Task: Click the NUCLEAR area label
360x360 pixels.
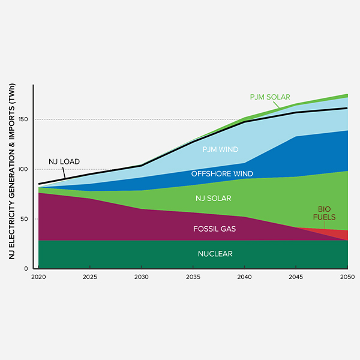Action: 215,254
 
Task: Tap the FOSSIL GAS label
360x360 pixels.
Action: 215,229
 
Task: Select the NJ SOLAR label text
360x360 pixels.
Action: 214,198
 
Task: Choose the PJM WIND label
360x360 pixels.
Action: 220,149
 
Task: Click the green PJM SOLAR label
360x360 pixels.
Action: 270,97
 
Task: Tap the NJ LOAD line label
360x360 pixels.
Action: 64,162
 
